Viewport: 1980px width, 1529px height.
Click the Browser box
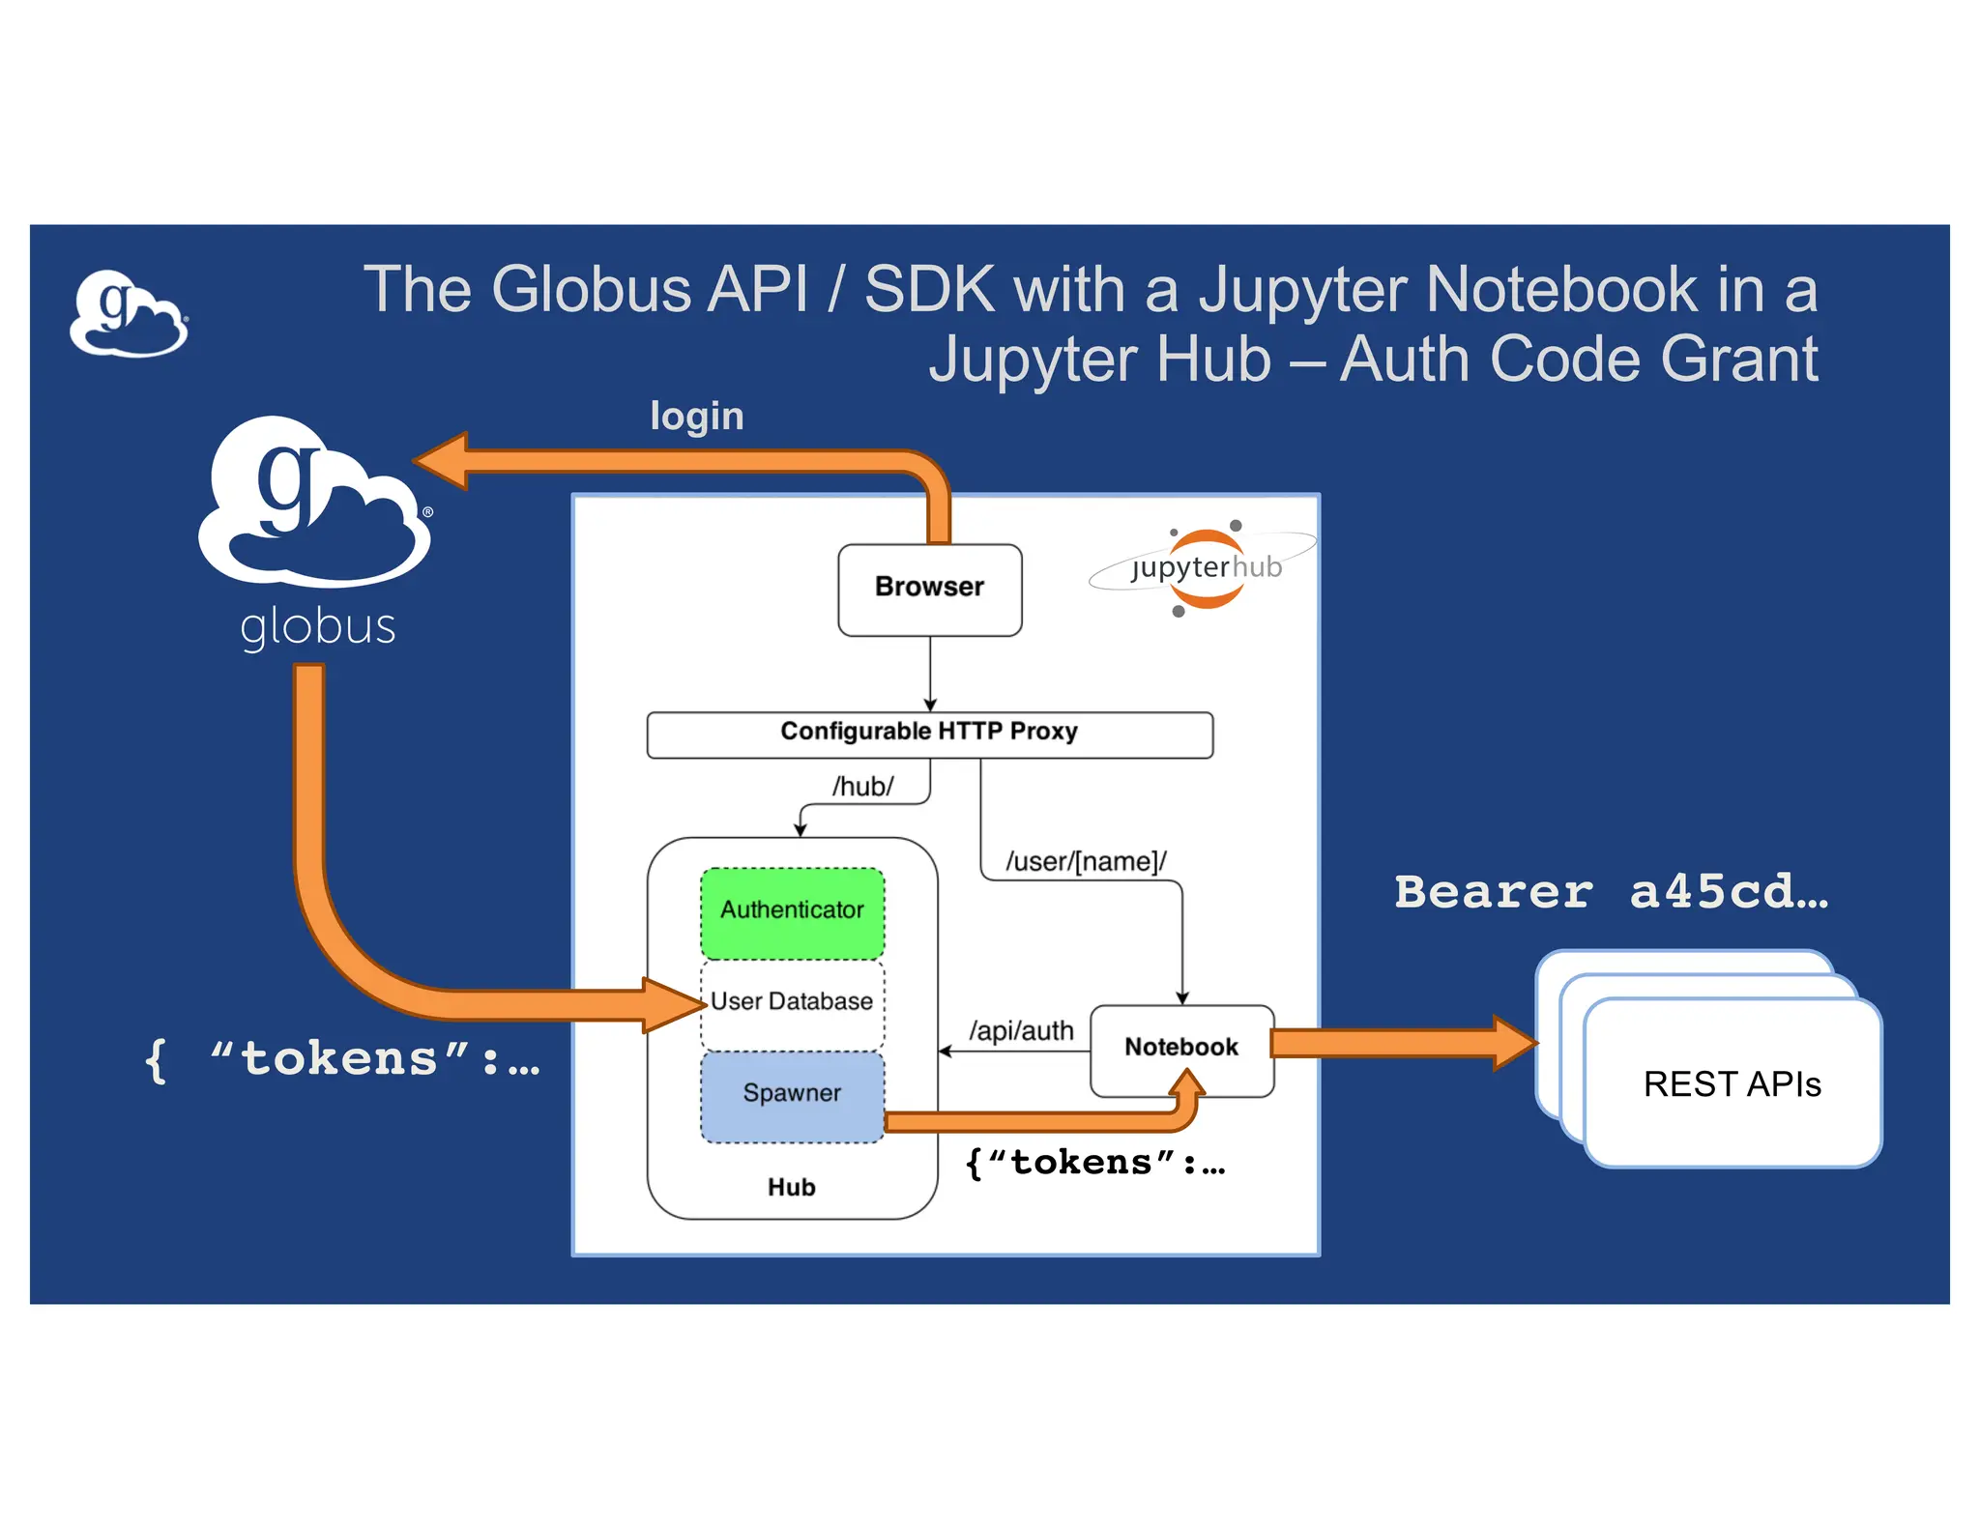point(929,589)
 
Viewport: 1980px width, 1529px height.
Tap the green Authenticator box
point(792,911)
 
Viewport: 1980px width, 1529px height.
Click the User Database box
point(792,1002)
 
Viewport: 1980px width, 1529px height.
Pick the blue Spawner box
point(792,1094)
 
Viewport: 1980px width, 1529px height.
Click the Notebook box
point(1181,1049)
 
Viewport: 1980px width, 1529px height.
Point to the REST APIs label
point(1732,1084)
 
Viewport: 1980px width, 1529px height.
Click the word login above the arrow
point(696,417)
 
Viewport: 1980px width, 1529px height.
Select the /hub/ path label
point(862,787)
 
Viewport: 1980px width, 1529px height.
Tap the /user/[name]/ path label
point(1086,861)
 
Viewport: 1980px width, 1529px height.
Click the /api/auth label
point(1021,1031)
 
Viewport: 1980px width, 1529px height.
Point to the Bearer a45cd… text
point(1611,891)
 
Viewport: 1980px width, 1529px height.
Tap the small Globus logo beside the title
point(129,314)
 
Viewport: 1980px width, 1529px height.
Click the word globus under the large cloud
point(318,626)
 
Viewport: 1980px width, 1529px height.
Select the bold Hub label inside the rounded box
point(791,1187)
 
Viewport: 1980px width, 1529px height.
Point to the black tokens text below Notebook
point(1094,1163)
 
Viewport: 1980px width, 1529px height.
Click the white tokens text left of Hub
point(341,1059)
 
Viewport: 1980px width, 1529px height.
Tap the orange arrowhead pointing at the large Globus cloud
point(445,460)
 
